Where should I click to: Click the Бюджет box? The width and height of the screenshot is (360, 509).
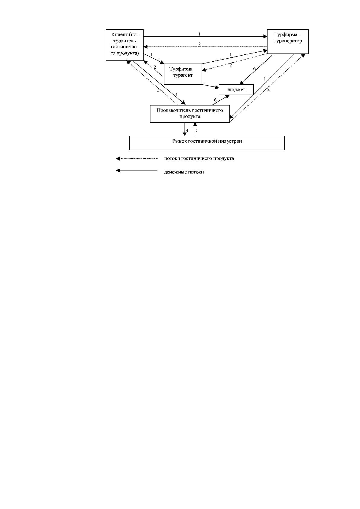[236, 90]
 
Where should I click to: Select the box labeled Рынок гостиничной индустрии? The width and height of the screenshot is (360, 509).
[207, 143]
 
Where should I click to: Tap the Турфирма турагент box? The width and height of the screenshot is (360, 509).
[183, 74]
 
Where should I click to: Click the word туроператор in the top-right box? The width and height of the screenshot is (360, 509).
[288, 41]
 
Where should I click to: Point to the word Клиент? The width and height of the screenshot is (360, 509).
[119, 35]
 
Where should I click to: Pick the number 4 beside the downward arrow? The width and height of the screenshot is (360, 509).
[187, 131]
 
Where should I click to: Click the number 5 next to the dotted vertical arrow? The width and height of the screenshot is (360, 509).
[197, 131]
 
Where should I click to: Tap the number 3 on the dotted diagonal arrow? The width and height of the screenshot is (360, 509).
[158, 90]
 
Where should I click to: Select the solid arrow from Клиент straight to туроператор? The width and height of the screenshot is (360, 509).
[205, 36]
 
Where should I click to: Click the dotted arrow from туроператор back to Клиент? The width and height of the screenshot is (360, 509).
[205, 47]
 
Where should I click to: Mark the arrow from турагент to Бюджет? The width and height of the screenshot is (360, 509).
[210, 86]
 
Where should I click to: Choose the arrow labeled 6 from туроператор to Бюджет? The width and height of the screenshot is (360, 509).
[257, 69]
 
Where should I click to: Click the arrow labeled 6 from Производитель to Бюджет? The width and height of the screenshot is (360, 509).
[220, 100]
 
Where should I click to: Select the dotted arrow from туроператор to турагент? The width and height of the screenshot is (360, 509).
[235, 62]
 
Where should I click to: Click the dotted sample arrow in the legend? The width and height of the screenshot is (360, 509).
[137, 158]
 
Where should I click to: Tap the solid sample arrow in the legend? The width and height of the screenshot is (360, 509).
[137, 170]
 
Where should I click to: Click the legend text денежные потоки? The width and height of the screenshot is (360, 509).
[184, 172]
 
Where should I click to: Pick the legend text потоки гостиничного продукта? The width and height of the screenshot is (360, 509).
[199, 158]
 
